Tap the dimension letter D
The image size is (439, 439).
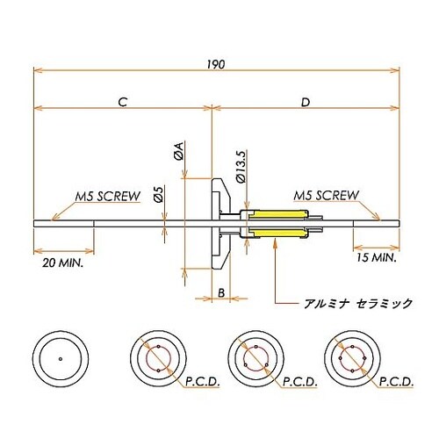coord(305,103)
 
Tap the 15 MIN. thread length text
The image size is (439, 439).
coord(375,258)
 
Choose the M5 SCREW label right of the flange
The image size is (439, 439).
coord(325,195)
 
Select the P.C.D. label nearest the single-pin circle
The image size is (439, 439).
coord(203,382)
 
